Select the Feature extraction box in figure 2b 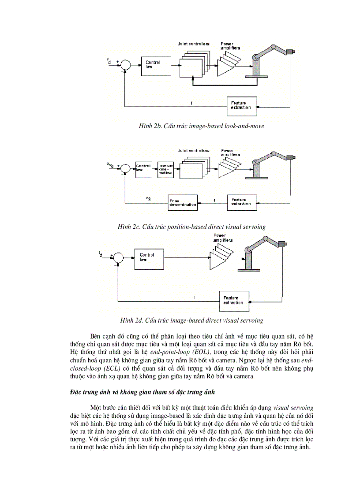(x=241, y=105)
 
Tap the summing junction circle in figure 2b (x=126, y=64)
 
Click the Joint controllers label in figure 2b (x=193, y=44)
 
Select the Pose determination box (x=183, y=202)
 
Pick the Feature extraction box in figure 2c (x=241, y=202)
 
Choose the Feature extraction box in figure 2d (x=233, y=301)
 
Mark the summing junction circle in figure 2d (x=117, y=257)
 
